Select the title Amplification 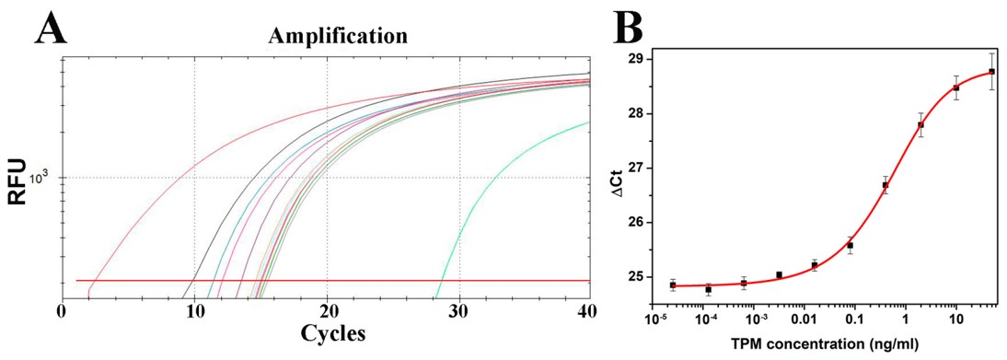[337, 36]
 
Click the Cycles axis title [328, 332]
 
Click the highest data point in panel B [991, 71]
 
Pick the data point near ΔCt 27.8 [920, 125]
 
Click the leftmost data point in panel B [673, 285]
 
